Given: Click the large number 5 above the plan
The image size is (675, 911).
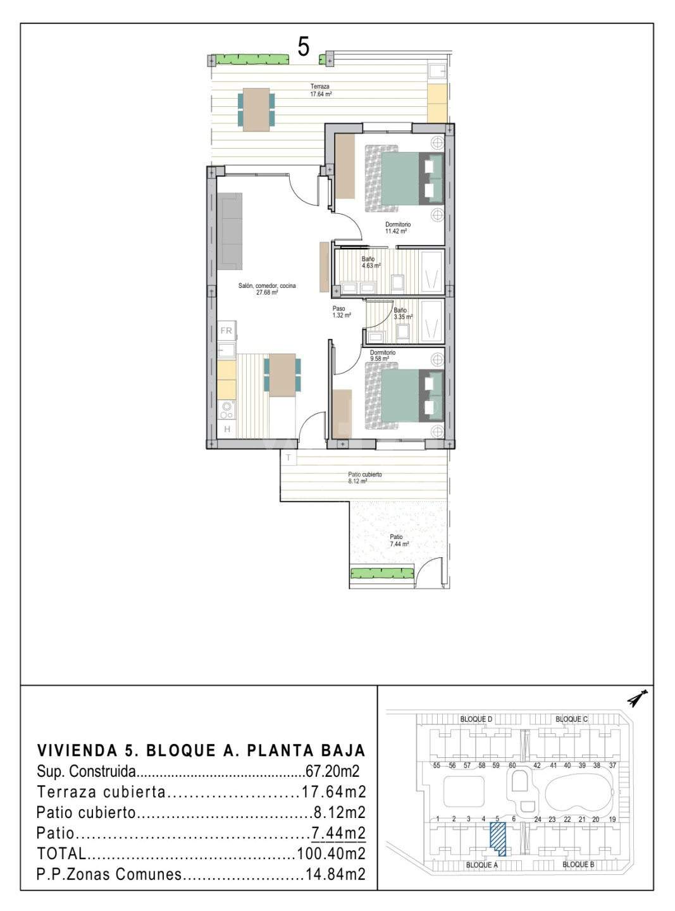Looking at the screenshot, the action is (303, 47).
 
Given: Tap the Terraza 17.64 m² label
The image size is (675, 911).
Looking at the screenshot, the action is (321, 90).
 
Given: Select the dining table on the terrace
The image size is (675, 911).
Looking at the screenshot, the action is (256, 109).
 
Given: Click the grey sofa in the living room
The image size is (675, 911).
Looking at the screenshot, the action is (229, 232).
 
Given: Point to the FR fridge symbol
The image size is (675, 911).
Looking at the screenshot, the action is (226, 331).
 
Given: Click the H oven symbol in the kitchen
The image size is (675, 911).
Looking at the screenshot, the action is (226, 430).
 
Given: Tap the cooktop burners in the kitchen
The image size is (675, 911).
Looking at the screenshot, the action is (226, 409).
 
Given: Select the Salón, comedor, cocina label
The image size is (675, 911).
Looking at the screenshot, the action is (267, 289).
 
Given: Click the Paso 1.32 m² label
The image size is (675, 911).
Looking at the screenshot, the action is (342, 312).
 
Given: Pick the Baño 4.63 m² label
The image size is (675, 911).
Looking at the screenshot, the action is (371, 263).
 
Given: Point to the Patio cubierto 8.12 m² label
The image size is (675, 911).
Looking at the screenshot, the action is (365, 478).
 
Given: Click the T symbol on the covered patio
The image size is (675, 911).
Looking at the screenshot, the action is (288, 457).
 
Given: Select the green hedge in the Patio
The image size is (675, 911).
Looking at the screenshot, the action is (381, 573).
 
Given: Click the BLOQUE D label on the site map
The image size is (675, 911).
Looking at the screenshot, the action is (476, 719).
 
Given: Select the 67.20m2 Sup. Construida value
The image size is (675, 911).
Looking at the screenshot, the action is (332, 771).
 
